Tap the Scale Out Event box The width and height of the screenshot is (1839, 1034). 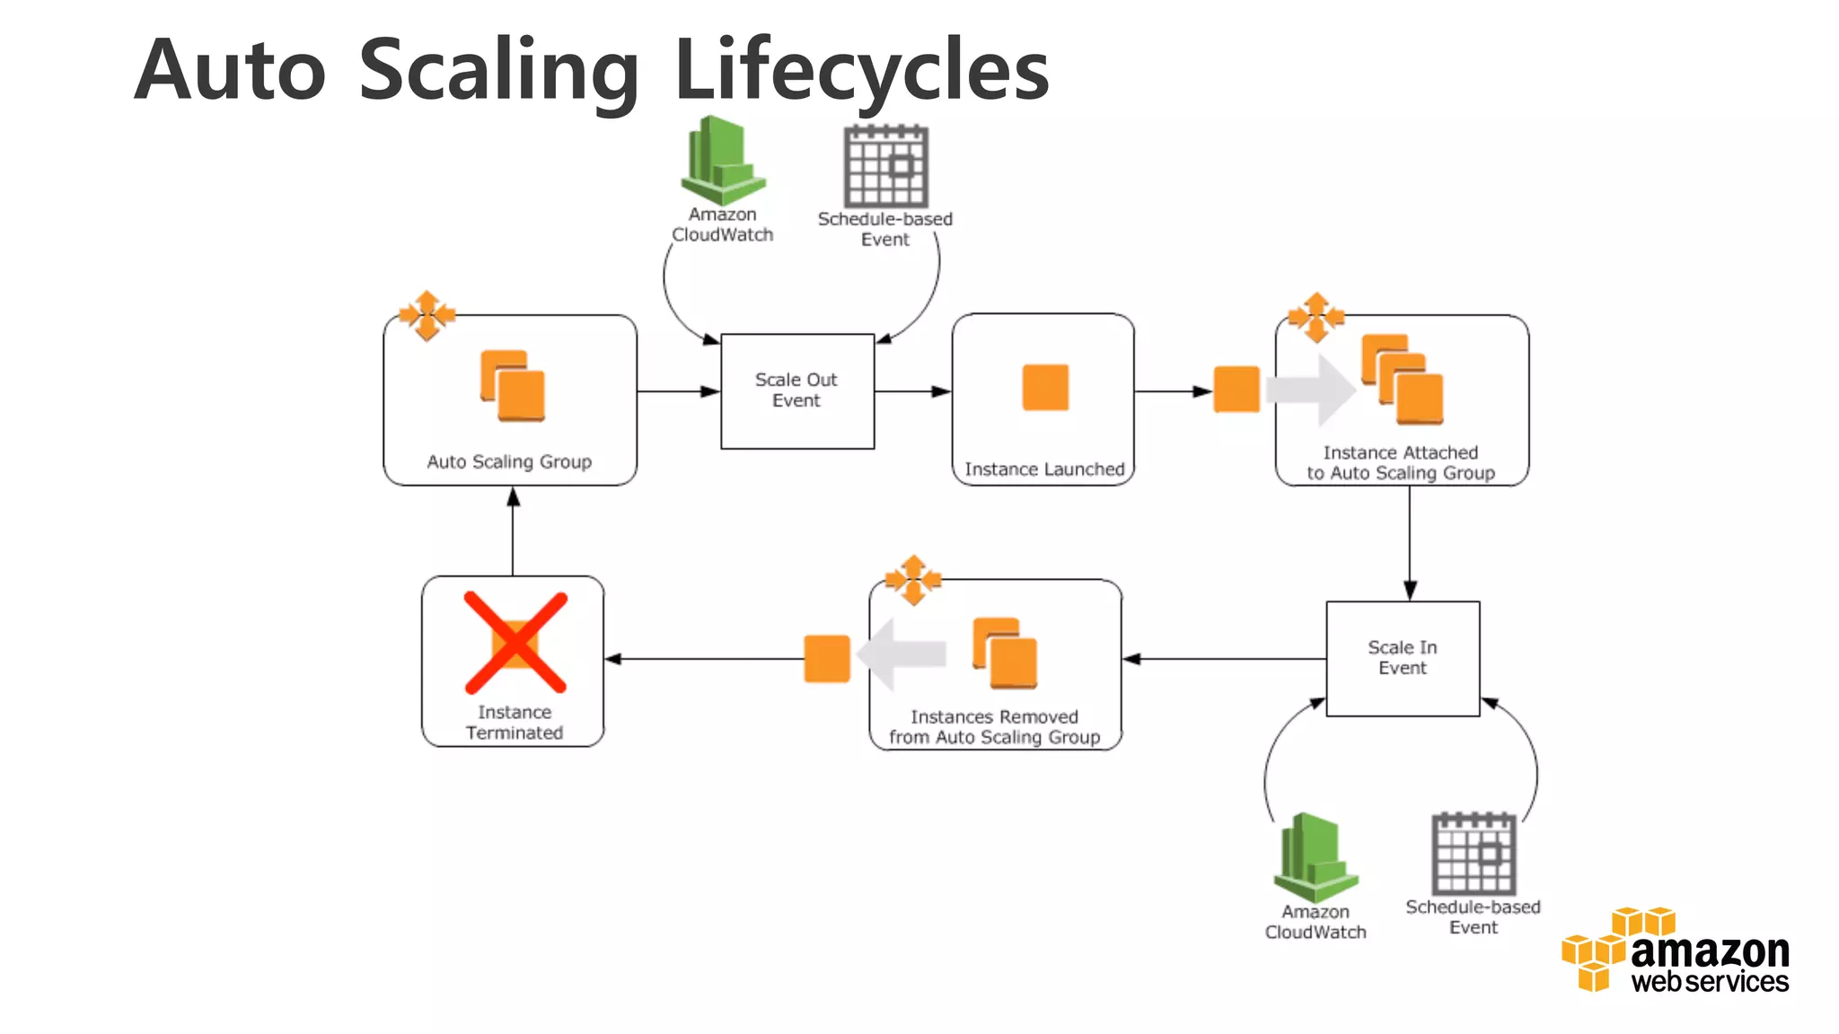point(796,390)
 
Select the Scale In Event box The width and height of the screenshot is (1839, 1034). point(1402,658)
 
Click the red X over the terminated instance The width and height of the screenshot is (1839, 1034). point(515,643)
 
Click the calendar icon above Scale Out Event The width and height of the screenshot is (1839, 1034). point(885,166)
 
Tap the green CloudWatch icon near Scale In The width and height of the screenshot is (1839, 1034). point(1315,857)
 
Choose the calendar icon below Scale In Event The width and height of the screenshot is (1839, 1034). point(1473,854)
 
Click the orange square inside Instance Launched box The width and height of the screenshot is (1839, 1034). point(1045,388)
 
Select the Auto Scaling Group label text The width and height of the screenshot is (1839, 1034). point(509,461)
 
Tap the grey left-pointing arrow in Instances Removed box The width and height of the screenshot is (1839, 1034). point(902,654)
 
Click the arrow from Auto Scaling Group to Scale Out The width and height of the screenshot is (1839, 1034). point(678,391)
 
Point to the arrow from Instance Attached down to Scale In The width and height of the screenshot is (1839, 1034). point(1409,542)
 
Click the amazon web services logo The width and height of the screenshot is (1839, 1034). point(1676,951)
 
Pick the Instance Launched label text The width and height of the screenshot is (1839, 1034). point(1043,469)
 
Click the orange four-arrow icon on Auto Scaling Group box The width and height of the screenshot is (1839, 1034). point(427,315)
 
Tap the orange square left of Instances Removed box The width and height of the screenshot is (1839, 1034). point(826,659)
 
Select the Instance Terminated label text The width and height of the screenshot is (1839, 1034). point(514,723)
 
